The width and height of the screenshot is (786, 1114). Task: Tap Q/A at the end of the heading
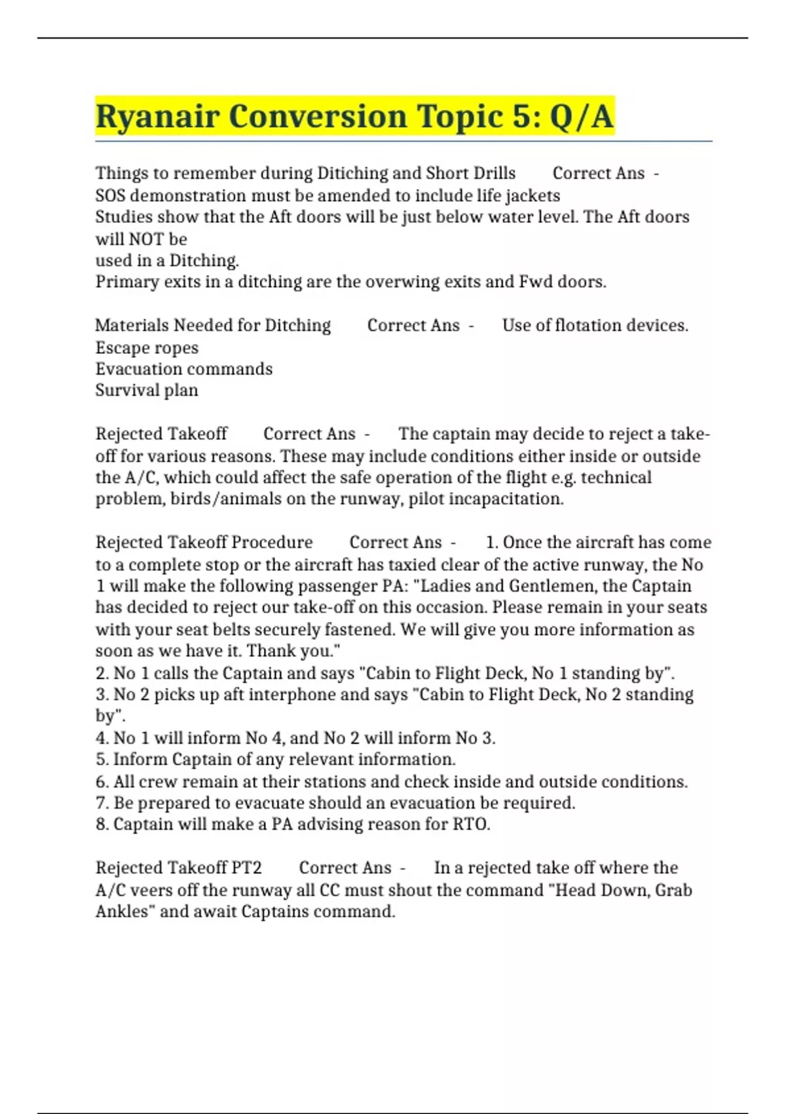tap(581, 117)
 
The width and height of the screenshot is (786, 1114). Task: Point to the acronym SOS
tap(110, 195)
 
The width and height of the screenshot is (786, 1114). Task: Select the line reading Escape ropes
tap(147, 347)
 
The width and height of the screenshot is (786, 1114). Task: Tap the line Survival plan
tap(147, 391)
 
